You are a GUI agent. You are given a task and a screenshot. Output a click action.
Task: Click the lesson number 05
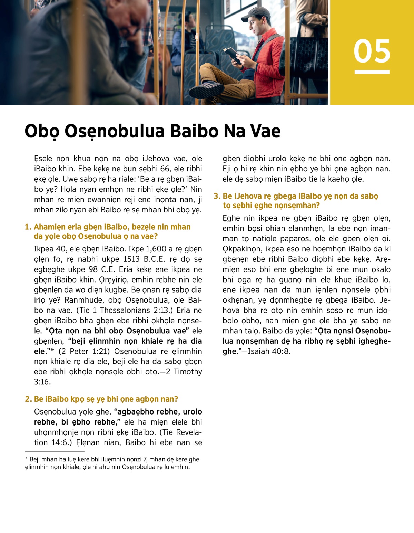point(372,51)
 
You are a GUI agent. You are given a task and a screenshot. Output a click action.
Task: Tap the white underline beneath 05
point(372,72)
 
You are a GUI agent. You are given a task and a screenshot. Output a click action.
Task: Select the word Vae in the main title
point(265,131)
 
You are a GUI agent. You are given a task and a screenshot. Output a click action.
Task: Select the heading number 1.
point(28,227)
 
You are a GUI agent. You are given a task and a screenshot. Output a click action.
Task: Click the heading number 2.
point(28,399)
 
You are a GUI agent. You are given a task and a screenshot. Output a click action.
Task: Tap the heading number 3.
point(217,197)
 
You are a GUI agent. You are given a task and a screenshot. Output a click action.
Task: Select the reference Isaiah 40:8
point(269,352)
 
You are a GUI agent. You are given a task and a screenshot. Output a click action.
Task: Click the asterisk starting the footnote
point(27,459)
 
